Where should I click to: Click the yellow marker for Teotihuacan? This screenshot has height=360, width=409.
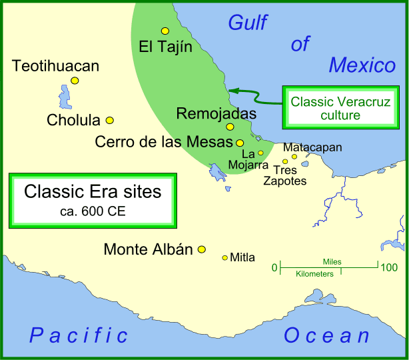[x=75, y=81]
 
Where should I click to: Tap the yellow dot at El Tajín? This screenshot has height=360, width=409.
[x=165, y=31]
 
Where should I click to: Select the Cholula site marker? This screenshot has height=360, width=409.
[x=110, y=121]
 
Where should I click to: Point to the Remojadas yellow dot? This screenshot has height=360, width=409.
[x=230, y=127]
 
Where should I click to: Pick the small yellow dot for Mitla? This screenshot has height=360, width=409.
[x=225, y=257]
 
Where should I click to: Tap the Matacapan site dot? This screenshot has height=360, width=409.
[x=294, y=157]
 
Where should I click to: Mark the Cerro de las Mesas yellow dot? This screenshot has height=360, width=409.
[x=240, y=143]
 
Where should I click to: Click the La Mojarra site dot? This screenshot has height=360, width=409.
[x=260, y=153]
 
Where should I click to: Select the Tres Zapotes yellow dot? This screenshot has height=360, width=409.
[x=285, y=161]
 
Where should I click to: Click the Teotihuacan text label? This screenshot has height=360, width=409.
[x=55, y=66]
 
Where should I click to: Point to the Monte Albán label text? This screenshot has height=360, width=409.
[x=148, y=250]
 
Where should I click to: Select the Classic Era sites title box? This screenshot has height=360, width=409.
[x=93, y=199]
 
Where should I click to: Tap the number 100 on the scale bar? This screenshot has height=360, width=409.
[x=388, y=268]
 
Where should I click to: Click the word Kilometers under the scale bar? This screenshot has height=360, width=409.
[x=314, y=274]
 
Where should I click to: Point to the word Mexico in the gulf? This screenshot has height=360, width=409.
[x=362, y=65]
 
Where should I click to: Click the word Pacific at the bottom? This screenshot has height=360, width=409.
[x=79, y=336]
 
